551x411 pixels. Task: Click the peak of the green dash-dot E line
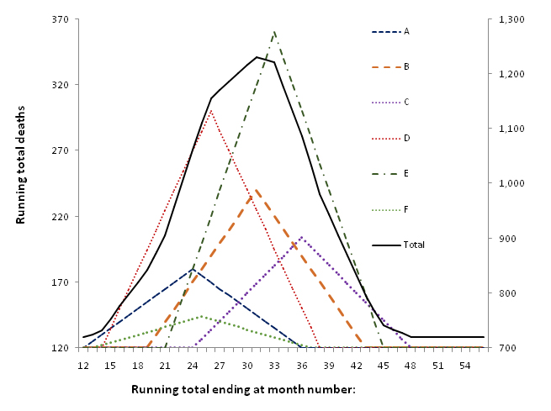coord(274,31)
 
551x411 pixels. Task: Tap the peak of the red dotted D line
coord(211,110)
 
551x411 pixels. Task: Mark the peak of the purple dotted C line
coord(302,237)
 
